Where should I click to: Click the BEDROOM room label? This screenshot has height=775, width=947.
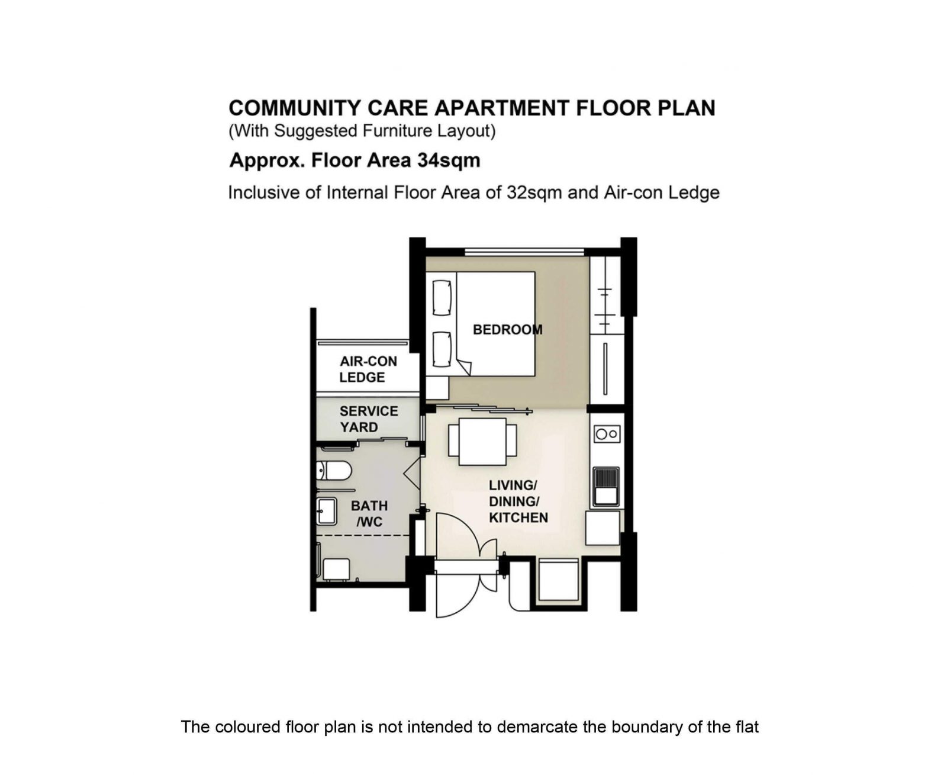coord(507,330)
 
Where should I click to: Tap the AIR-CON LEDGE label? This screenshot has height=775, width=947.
coord(368,369)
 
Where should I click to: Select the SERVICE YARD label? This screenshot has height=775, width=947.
coord(369,419)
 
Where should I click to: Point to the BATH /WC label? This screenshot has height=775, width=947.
coord(369,514)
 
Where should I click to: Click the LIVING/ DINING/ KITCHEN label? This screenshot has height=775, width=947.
coord(518,501)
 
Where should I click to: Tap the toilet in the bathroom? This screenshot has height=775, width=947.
coord(334,471)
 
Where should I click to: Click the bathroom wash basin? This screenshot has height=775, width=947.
coord(327,512)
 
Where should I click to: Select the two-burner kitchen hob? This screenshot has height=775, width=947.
coord(607,434)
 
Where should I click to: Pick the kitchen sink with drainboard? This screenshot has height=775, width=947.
coord(606,487)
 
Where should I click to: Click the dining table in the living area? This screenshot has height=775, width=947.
coord(483,442)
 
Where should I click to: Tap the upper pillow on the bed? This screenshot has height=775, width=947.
coord(442,298)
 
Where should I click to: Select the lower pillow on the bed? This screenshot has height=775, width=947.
coord(442,349)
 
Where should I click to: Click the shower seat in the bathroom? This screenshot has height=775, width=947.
coord(336,569)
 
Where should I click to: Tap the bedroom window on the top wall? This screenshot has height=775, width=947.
coord(524,252)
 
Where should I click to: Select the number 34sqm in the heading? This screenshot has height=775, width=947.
coord(449,160)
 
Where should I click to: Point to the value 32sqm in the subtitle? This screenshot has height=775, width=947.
coord(534,193)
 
